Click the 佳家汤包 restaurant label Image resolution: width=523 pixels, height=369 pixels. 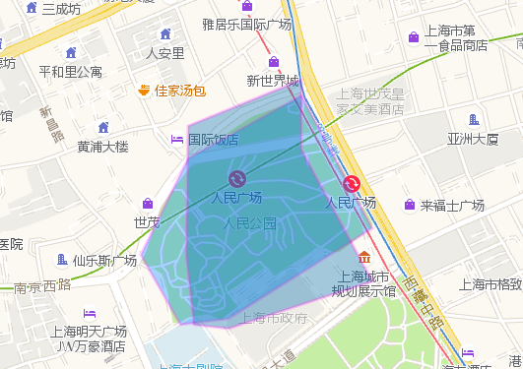point(180,92)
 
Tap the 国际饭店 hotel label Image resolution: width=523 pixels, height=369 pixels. point(213,140)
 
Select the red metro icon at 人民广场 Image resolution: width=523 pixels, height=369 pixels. point(352,183)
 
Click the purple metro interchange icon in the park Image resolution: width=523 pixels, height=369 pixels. point(236,178)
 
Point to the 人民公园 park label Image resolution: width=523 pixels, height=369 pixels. point(248,223)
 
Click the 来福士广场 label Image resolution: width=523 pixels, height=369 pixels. point(452,206)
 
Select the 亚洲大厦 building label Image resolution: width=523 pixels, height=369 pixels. point(473,139)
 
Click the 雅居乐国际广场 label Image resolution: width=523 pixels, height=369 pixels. point(246,24)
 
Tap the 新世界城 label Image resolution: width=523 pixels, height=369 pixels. point(272,81)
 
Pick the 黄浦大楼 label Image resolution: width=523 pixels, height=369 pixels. point(102,147)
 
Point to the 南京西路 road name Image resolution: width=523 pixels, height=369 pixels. point(42,286)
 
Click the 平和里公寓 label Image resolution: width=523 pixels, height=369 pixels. point(70,71)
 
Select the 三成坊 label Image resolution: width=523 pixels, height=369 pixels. point(60,9)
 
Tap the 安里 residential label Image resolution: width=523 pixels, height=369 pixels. point(164,53)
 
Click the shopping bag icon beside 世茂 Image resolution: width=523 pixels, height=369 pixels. point(147,204)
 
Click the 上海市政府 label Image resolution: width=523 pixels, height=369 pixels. point(275,318)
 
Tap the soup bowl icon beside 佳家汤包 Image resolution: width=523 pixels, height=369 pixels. point(144,91)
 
